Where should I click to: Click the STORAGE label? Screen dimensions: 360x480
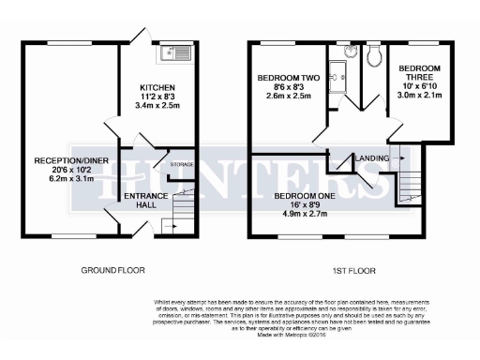pos(182,165)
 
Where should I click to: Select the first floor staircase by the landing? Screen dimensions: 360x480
pos(410,187)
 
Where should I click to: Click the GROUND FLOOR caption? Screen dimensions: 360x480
pos(112,270)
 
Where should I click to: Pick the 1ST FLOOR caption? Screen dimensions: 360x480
pos(355,270)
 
